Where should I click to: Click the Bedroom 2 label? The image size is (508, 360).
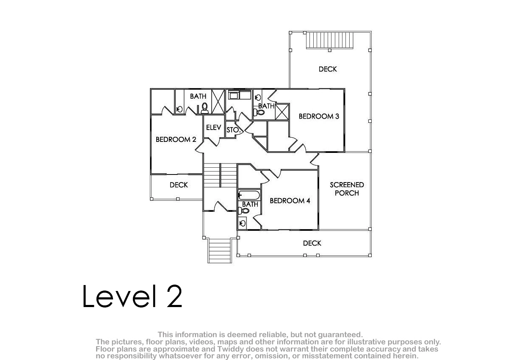point(176,139)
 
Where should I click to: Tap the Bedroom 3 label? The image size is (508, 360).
point(319,116)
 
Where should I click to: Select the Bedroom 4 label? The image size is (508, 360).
point(290,201)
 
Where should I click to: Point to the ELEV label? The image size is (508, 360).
point(213,127)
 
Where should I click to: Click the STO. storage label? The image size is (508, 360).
point(233,130)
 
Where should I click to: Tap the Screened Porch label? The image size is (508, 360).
point(347,189)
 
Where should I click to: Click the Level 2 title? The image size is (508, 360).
point(132,296)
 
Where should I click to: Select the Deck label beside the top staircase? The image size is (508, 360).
point(328,69)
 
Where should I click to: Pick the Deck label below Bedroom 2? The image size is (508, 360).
point(179,185)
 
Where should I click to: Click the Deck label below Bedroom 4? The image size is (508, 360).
point(312,243)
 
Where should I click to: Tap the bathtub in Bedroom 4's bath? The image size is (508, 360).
point(249,195)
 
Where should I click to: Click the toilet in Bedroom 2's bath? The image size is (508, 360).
point(204,108)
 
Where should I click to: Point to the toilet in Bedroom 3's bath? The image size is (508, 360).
point(259,112)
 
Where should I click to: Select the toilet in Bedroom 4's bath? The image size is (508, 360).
point(244,211)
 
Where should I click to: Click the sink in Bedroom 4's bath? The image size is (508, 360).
point(243,223)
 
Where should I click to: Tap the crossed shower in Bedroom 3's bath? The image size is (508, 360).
point(282,112)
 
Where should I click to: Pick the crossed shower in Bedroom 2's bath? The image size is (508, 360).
point(218,101)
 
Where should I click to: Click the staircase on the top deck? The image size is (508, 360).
point(330,40)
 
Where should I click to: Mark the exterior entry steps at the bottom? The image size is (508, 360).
point(220,250)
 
